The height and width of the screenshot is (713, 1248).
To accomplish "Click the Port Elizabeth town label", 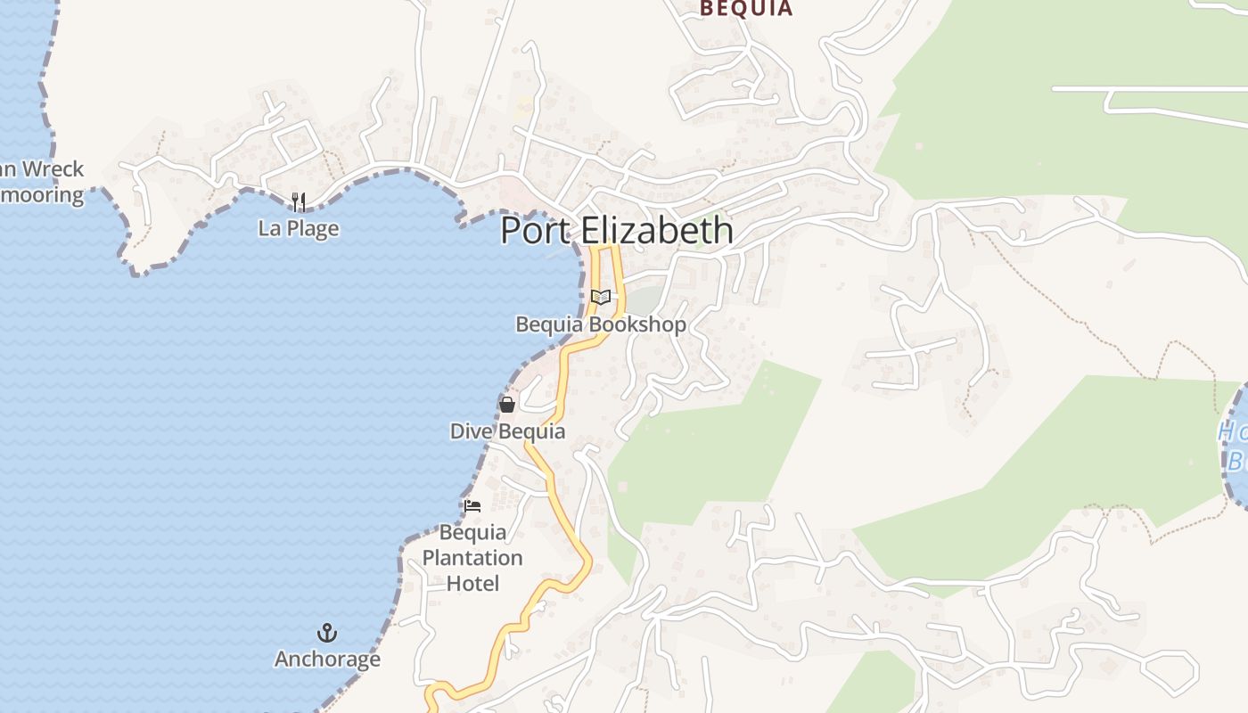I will [x=617, y=230].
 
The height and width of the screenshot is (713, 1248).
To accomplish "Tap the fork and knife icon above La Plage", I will [x=299, y=202].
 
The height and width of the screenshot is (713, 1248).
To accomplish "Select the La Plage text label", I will [x=299, y=228].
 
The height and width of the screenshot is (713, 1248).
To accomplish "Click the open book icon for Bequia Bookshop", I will [x=601, y=298].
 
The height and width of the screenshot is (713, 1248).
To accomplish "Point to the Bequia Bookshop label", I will [x=601, y=324].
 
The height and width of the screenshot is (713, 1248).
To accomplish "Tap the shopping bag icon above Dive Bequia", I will [x=507, y=405].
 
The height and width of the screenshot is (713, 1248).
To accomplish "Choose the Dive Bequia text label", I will [x=507, y=431].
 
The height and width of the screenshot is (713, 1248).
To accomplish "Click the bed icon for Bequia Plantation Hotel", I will [x=472, y=506].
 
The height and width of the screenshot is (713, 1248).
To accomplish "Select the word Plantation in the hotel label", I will [x=472, y=559].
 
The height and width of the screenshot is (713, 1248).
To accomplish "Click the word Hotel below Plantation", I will [x=472, y=584].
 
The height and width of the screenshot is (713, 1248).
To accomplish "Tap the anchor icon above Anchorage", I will [x=327, y=634].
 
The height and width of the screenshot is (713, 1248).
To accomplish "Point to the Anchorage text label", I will [x=327, y=660].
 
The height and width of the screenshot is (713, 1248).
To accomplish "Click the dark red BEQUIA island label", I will [x=745, y=9].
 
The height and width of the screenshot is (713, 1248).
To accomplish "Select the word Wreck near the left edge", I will [x=53, y=169].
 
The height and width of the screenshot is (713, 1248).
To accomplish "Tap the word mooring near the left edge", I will [x=42, y=194].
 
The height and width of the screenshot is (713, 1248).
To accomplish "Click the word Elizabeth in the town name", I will [x=658, y=230].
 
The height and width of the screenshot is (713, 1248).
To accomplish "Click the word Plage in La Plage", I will [x=311, y=228].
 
